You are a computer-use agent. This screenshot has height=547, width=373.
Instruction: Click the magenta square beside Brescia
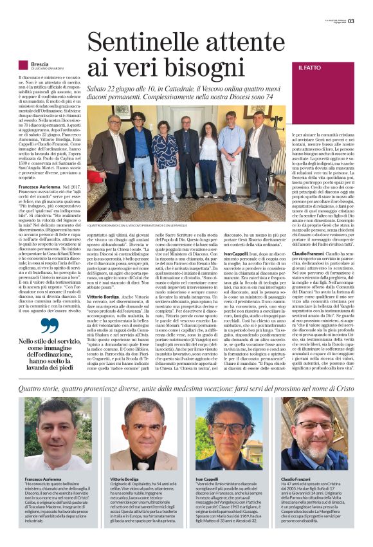tap(23, 65)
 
